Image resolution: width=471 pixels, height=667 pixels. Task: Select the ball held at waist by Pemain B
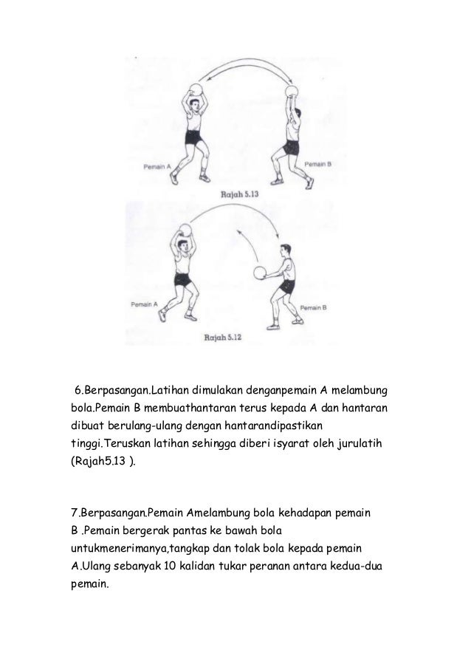[x=261, y=273]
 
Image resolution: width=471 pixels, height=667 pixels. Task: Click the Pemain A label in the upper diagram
[x=157, y=167]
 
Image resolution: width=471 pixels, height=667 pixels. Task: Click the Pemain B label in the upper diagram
[x=318, y=163]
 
